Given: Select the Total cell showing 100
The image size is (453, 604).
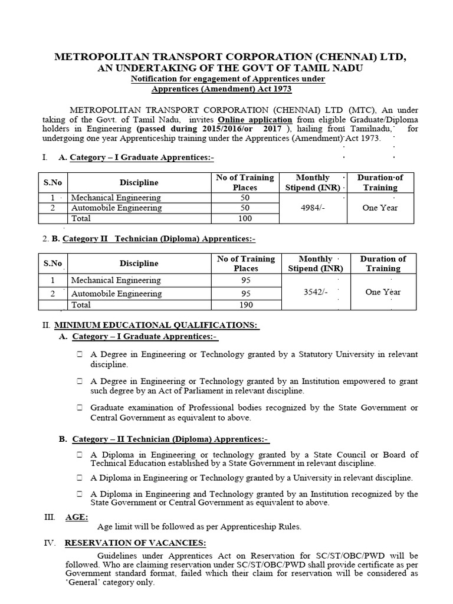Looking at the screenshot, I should pos(245,218).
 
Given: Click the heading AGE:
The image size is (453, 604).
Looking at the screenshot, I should pos(77,517).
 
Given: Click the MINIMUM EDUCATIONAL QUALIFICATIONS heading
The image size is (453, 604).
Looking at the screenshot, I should pos(156,325).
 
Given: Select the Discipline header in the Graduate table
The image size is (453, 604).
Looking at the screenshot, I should pos(139,182).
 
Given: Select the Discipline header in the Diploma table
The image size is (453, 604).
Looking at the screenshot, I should pos(139,263).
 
